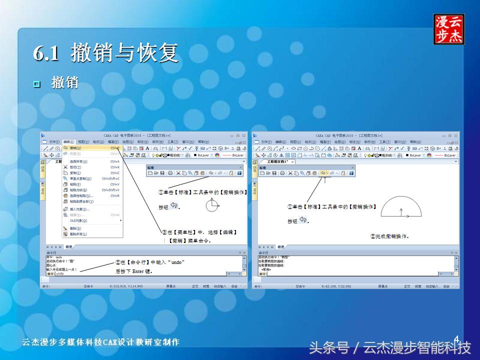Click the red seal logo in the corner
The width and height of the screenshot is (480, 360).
coord(448,29)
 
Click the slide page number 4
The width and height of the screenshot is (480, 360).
coord(456,339)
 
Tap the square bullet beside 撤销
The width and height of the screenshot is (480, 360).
coord(36,83)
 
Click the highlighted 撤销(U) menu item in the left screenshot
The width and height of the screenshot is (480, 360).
coord(75,148)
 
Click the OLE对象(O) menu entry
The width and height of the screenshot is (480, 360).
coord(78,220)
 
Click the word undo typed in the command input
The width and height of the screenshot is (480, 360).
coord(60,274)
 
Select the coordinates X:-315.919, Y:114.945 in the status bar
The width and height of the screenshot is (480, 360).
coord(126,286)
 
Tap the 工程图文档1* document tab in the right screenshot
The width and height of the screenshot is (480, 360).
coord(278,162)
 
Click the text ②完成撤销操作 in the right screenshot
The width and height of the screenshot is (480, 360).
coord(390,236)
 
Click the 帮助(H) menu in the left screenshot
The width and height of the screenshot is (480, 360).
coord(203,142)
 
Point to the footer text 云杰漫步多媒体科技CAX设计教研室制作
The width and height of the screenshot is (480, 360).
coord(100,342)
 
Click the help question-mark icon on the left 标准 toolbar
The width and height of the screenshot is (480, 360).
coord(239,173)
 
